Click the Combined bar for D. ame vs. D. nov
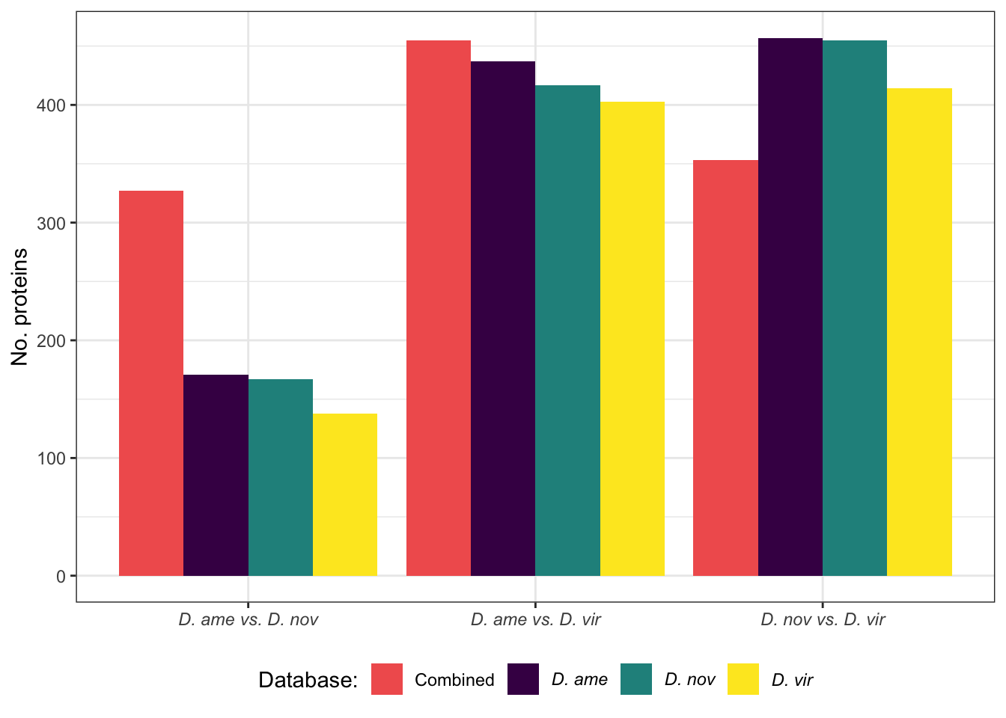(x=151, y=383)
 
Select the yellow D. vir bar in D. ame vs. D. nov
(x=345, y=494)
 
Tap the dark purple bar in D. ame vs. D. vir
(x=503, y=319)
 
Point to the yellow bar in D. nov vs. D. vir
(x=919, y=332)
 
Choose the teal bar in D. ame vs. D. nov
(x=281, y=477)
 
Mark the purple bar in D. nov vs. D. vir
(x=790, y=307)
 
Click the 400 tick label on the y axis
(x=51, y=105)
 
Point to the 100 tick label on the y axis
(x=51, y=458)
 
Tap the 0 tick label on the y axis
(x=61, y=576)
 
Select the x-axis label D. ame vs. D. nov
(x=248, y=620)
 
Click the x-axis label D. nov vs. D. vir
(x=823, y=620)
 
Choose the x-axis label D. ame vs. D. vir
(x=535, y=620)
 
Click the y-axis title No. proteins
(x=20, y=307)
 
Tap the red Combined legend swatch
(x=387, y=679)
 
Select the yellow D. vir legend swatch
(x=743, y=679)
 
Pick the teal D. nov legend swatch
(x=636, y=679)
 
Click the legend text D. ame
(x=579, y=680)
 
